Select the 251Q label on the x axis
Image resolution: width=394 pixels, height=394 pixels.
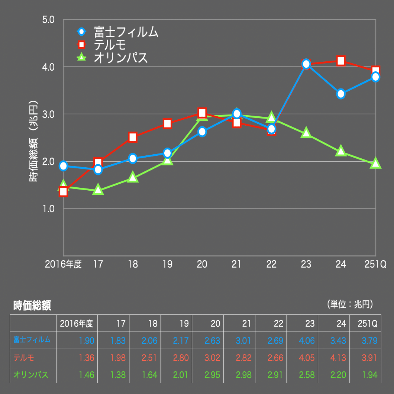pos(375,264)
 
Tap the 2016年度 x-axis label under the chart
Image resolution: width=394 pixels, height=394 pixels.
pos(63,264)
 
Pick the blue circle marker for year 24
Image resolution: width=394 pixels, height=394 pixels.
pos(341,94)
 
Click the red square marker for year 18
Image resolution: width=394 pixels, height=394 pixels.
pos(133,137)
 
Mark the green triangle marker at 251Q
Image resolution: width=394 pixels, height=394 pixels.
pos(375,163)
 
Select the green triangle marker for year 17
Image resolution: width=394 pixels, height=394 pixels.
pos(98,190)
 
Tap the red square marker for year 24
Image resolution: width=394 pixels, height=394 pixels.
pos(341,61)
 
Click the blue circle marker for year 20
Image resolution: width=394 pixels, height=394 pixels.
pos(202,132)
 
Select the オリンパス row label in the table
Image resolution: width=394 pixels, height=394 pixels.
pos(31,375)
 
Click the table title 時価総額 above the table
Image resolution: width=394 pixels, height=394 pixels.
pos(32,306)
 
